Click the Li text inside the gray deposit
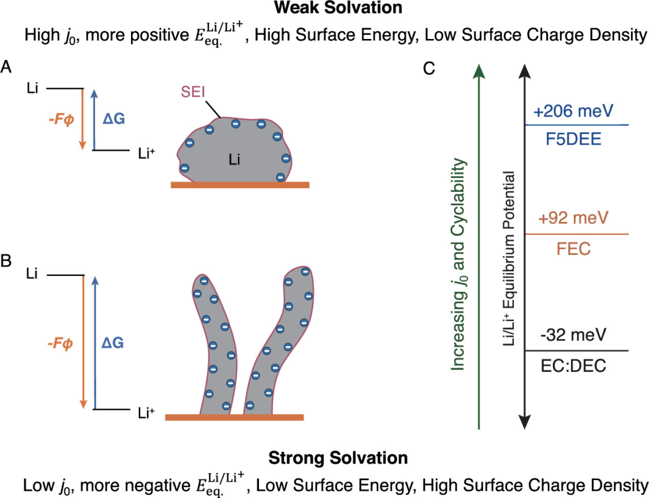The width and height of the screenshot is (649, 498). (235, 159)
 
